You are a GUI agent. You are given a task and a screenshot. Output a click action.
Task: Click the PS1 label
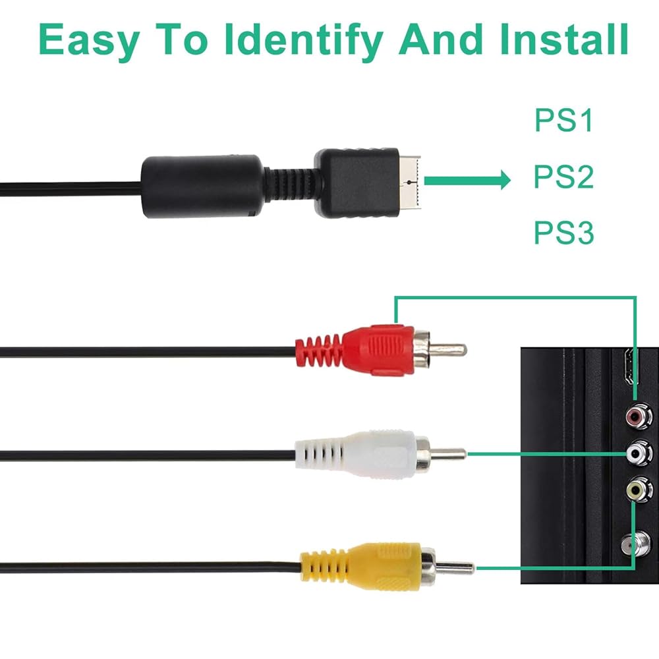point(563,122)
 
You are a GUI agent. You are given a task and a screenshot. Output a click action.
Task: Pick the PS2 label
point(563,178)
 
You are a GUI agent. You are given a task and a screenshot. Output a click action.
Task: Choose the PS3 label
point(563,234)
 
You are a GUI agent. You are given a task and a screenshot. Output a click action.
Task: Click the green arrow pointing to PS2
point(468,179)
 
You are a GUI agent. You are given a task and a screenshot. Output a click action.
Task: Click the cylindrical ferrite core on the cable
point(201,186)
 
